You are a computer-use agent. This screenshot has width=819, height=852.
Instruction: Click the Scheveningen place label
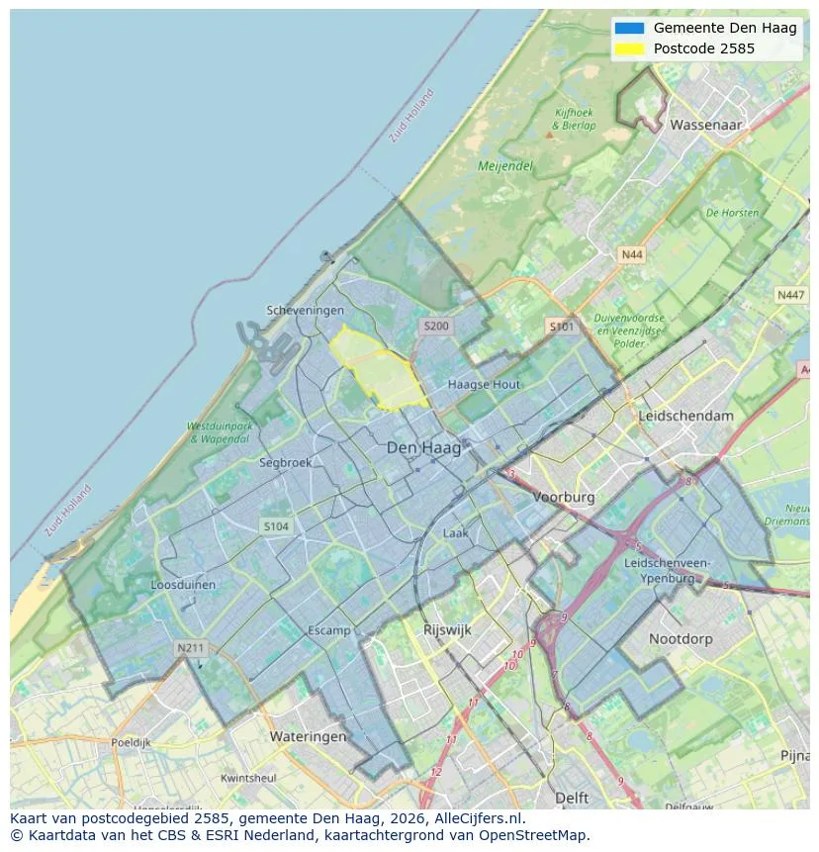[x=305, y=311]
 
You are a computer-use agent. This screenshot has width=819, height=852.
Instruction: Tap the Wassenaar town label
[x=706, y=126]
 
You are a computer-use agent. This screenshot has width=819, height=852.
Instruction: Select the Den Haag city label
[x=423, y=448]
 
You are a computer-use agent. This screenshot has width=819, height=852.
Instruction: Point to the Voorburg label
[x=564, y=498]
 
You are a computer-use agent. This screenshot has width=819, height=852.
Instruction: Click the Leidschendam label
[x=685, y=416]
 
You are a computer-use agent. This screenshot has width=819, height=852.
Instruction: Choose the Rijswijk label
[x=447, y=629]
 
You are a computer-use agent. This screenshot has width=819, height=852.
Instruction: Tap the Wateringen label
[x=308, y=736]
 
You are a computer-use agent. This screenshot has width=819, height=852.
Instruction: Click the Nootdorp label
[x=681, y=639]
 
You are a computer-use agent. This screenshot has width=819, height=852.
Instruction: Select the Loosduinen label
[x=183, y=585]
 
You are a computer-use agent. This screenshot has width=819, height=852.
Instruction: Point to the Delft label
[x=572, y=798]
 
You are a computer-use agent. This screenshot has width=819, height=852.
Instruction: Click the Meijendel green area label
[x=505, y=166]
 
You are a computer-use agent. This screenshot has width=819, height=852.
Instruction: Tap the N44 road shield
[x=631, y=255]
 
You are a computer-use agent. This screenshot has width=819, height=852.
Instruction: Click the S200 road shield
[x=435, y=326]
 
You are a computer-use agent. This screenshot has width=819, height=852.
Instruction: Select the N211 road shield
[x=190, y=648]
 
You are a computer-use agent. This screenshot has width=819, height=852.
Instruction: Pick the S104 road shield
[x=276, y=526]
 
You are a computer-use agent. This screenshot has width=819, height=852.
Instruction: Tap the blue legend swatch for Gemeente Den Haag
[x=628, y=29]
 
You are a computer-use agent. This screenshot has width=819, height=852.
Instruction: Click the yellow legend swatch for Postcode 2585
[x=628, y=48]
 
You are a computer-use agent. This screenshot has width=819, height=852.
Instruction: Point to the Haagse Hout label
[x=484, y=384]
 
